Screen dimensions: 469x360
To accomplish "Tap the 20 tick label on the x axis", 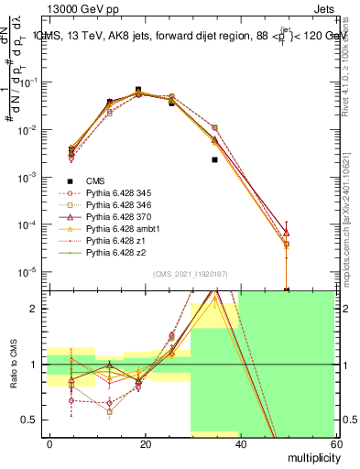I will (145, 442).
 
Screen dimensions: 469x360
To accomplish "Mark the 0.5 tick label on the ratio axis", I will (32, 420).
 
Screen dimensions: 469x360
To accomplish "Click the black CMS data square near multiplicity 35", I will (214, 159).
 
